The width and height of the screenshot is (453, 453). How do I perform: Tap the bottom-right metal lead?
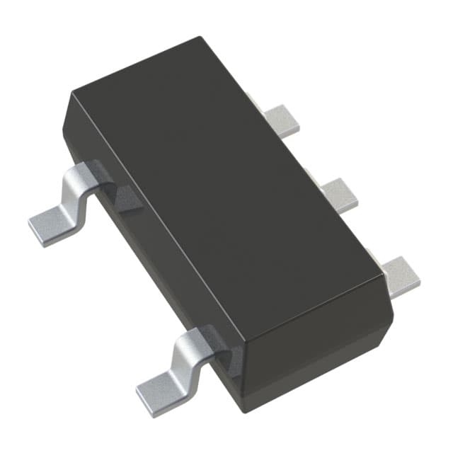(x=401, y=276)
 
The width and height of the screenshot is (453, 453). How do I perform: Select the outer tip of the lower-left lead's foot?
(x=139, y=389)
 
